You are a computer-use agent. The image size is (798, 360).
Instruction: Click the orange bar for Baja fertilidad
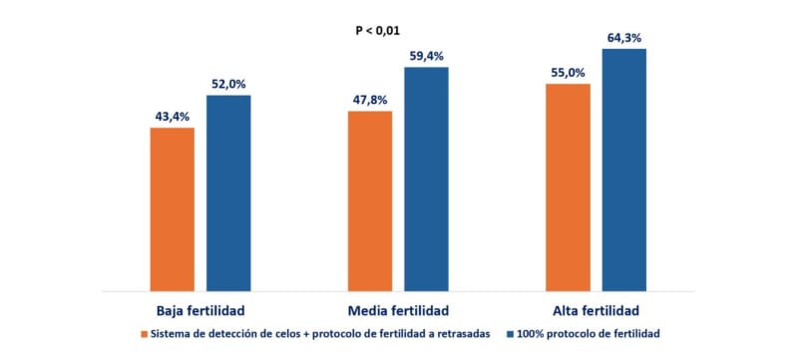point(172,208)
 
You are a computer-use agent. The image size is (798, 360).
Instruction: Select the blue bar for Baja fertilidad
point(228,192)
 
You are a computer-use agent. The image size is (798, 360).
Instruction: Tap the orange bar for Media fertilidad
point(370,200)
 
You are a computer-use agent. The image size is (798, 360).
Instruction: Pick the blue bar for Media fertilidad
point(427,179)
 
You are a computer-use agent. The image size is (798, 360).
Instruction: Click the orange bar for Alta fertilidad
point(568,186)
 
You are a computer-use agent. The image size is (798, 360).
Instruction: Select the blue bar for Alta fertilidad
point(624,169)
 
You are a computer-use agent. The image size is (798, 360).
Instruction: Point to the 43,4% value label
point(172,117)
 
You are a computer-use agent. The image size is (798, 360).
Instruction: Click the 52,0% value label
point(228,84)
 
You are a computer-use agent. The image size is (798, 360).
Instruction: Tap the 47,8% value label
point(370,100)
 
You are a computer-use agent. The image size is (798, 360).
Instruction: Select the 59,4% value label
point(427,56)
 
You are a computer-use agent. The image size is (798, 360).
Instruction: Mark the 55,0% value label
point(568,73)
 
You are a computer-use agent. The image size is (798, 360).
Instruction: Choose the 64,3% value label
point(624,37)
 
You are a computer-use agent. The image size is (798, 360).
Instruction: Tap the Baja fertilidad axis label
point(200,309)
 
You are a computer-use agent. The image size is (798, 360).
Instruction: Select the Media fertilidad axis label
point(398,309)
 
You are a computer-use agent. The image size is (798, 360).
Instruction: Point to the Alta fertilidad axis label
point(596,309)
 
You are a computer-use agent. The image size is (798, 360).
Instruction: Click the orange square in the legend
point(145,333)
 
